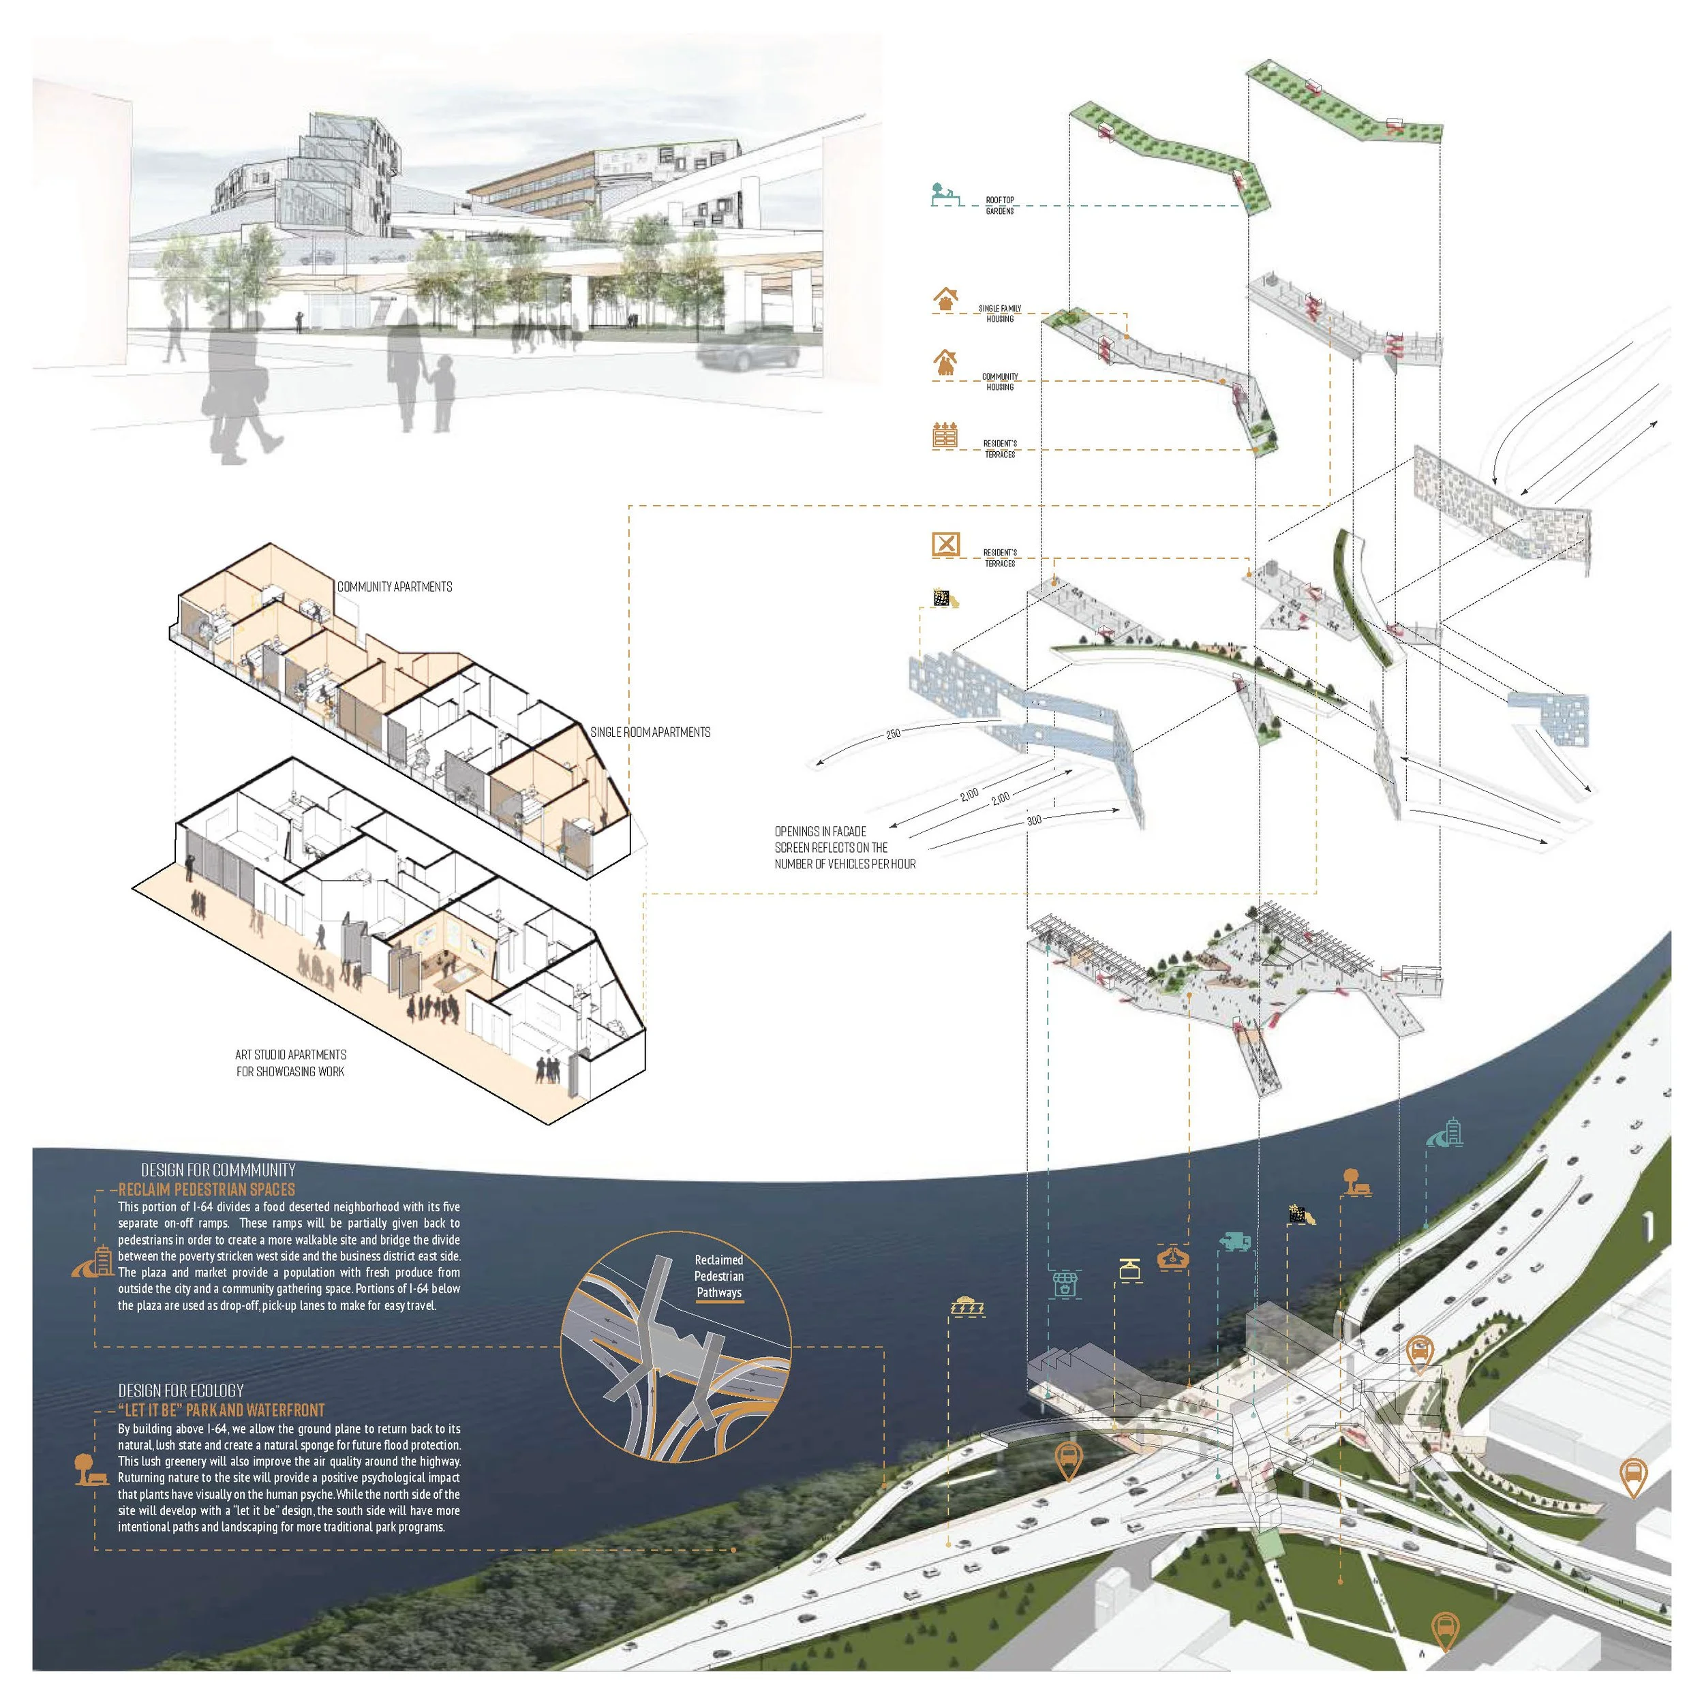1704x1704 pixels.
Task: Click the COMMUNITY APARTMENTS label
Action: (394, 587)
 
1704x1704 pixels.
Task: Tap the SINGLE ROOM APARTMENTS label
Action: (650, 732)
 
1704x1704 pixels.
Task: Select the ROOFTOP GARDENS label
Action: (999, 206)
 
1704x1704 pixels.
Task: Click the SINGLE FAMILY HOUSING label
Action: (999, 313)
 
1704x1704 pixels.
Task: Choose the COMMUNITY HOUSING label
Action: (999, 381)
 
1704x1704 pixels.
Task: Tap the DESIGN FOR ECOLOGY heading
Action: (181, 1390)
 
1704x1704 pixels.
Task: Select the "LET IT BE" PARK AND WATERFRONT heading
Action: (220, 1410)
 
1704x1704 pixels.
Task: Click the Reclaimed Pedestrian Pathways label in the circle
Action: (719, 1276)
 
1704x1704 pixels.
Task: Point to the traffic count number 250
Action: (894, 734)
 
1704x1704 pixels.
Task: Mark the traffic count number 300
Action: (1034, 820)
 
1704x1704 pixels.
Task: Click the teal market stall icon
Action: (1065, 1283)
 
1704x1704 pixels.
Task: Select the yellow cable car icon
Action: (1128, 1270)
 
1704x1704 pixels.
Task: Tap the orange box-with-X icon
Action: (945, 544)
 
